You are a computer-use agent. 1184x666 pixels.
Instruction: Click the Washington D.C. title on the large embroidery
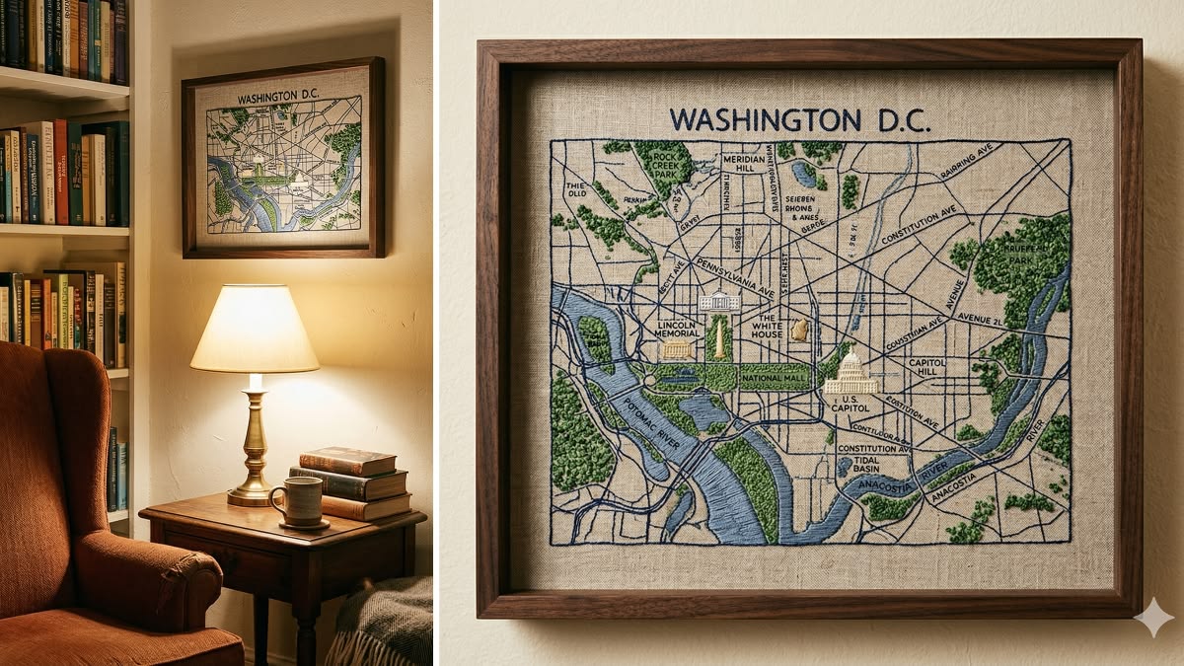coord(799,119)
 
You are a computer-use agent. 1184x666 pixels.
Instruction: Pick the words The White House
coord(767,329)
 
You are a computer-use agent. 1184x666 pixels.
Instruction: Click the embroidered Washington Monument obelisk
coord(719,337)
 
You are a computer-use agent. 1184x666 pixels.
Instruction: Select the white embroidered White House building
coord(719,301)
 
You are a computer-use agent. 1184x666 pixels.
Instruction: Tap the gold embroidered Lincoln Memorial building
coord(678,350)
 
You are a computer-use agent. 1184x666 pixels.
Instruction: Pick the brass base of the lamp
coord(255,454)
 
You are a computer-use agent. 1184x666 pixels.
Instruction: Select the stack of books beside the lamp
coord(353,483)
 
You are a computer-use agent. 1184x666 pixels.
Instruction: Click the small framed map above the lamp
coord(283,158)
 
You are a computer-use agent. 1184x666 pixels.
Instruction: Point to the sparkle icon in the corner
coord(1153,617)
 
